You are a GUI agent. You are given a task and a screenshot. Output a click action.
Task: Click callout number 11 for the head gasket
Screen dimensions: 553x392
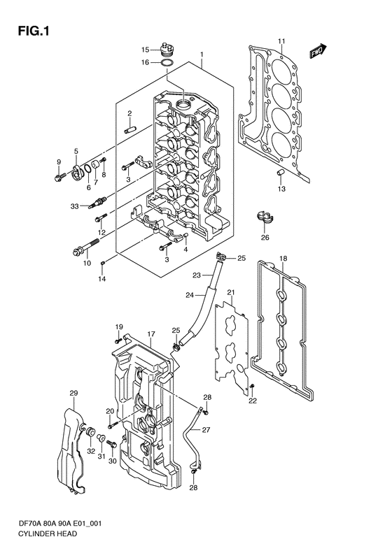[281, 41]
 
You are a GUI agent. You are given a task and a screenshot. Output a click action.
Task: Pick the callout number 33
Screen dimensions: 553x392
[74, 206]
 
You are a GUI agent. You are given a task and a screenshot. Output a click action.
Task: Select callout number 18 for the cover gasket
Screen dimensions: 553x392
[283, 259]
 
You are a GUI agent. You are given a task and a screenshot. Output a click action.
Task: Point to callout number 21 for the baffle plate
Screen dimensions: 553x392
[230, 292]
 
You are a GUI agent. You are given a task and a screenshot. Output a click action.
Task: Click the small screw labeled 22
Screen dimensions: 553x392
[252, 387]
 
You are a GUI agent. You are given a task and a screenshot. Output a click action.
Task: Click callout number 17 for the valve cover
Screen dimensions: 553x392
[151, 334]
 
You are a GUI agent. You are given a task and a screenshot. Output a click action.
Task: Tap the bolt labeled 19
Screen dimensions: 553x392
[120, 338]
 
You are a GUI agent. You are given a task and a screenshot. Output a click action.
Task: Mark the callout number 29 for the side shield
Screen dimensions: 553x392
[73, 394]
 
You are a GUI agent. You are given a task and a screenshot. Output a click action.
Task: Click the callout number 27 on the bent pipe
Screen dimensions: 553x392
[206, 430]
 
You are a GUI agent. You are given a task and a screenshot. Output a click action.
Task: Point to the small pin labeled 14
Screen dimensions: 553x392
[102, 263]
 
